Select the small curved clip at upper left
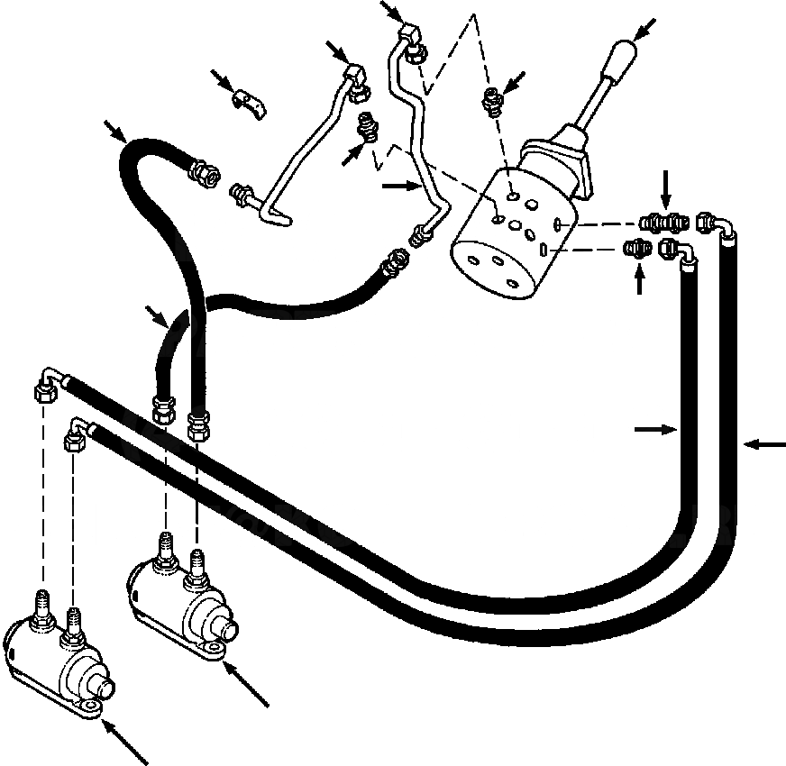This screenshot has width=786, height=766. coord(250,101)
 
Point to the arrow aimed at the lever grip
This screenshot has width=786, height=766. coord(644,29)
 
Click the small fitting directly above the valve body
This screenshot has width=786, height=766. coord(490,101)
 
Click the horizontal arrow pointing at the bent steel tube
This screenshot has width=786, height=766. coord(400,187)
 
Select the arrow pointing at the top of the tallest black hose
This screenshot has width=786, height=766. coord(115,132)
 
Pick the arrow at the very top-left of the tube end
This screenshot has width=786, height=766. coord(392,12)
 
